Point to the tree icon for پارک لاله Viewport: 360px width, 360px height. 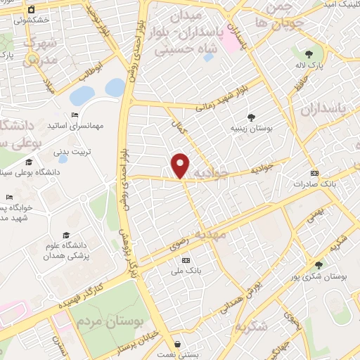309,53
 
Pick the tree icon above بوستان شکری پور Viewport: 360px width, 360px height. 319,265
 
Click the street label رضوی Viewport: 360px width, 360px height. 179,243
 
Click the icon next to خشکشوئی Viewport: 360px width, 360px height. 12,20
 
